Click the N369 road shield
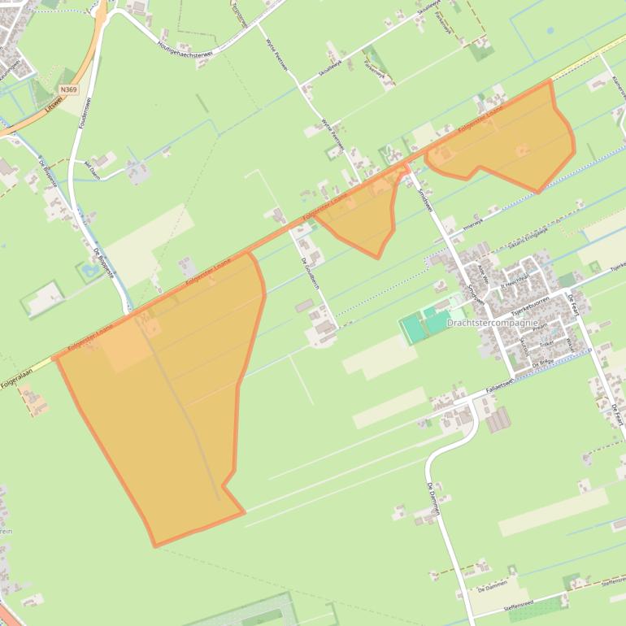pos(69,89)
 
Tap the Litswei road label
pos(54,105)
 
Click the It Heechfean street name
pos(515,285)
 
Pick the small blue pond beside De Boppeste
pos(90,267)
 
